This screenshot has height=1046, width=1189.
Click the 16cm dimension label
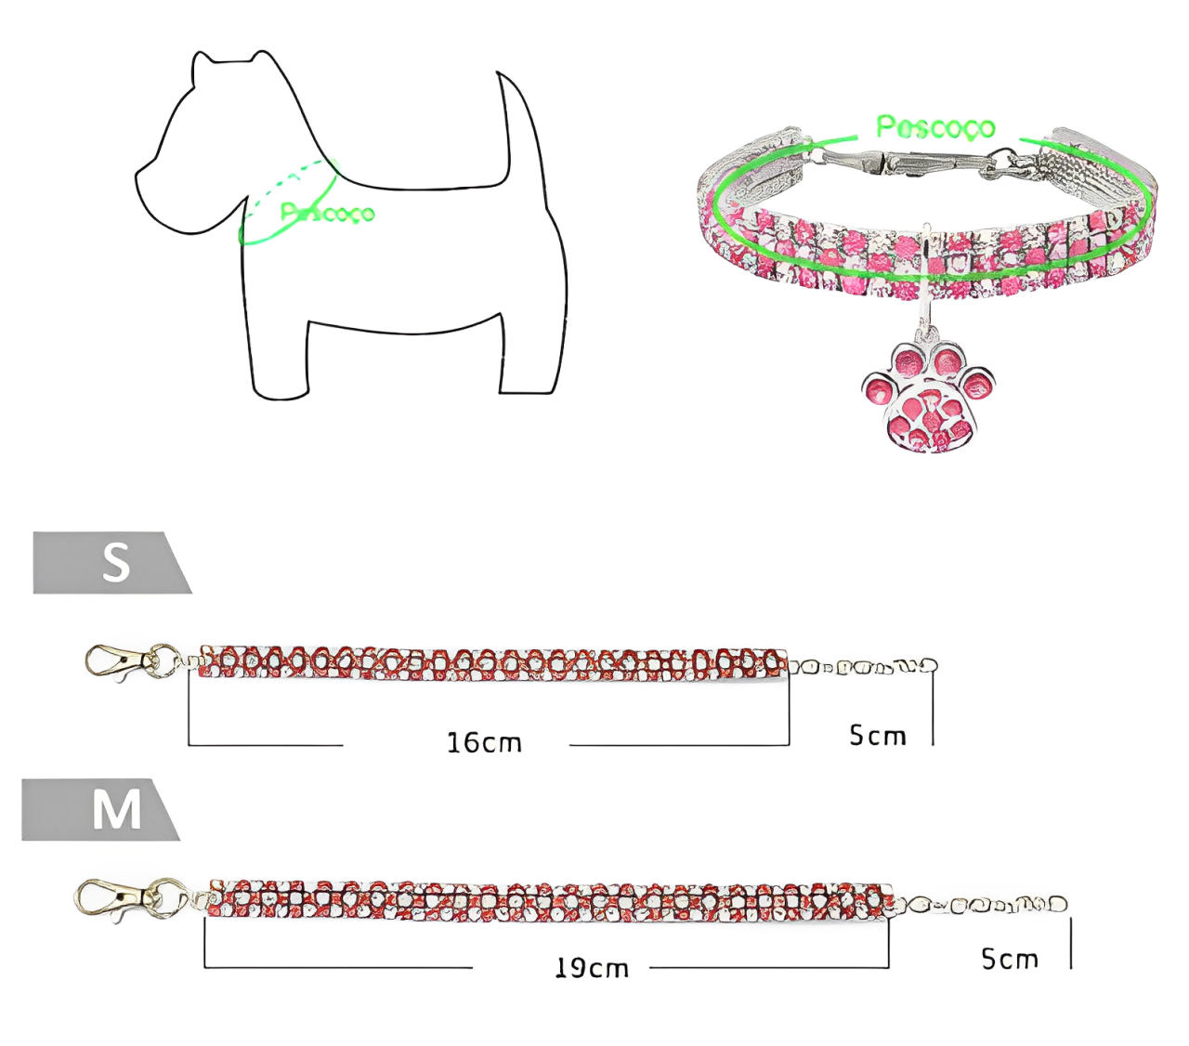tap(484, 743)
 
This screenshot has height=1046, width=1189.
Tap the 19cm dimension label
tap(592, 968)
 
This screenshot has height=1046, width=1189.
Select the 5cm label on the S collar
tap(877, 736)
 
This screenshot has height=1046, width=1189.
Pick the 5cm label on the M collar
tap(1010, 959)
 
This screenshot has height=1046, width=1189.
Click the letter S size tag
tap(115, 563)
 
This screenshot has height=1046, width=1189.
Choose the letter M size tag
tap(116, 810)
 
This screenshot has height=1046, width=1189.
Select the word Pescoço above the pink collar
tap(934, 126)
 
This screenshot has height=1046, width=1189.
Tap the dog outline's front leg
tap(276, 353)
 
